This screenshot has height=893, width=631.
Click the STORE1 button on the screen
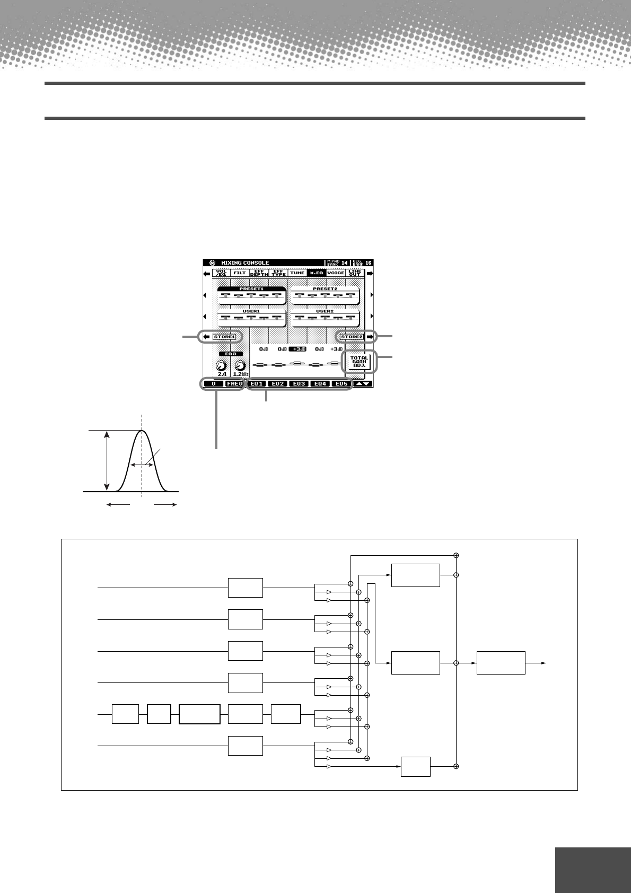point(224,336)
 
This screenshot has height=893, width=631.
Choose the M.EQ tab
point(317,273)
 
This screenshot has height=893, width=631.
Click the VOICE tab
point(335,273)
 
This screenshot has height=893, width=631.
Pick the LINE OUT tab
point(354,273)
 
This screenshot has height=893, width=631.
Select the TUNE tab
point(297,273)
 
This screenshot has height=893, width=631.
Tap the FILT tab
point(240,273)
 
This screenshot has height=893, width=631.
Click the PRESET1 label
point(251,289)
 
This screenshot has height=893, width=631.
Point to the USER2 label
point(325,313)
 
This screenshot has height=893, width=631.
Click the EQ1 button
point(257,383)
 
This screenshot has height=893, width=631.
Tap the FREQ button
point(233,383)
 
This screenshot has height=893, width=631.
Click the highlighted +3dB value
point(297,350)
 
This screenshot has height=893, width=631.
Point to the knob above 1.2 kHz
point(240,366)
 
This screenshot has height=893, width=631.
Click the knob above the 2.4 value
point(221,366)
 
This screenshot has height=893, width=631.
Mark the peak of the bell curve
point(142,431)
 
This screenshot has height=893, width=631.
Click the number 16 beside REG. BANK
point(368,262)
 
